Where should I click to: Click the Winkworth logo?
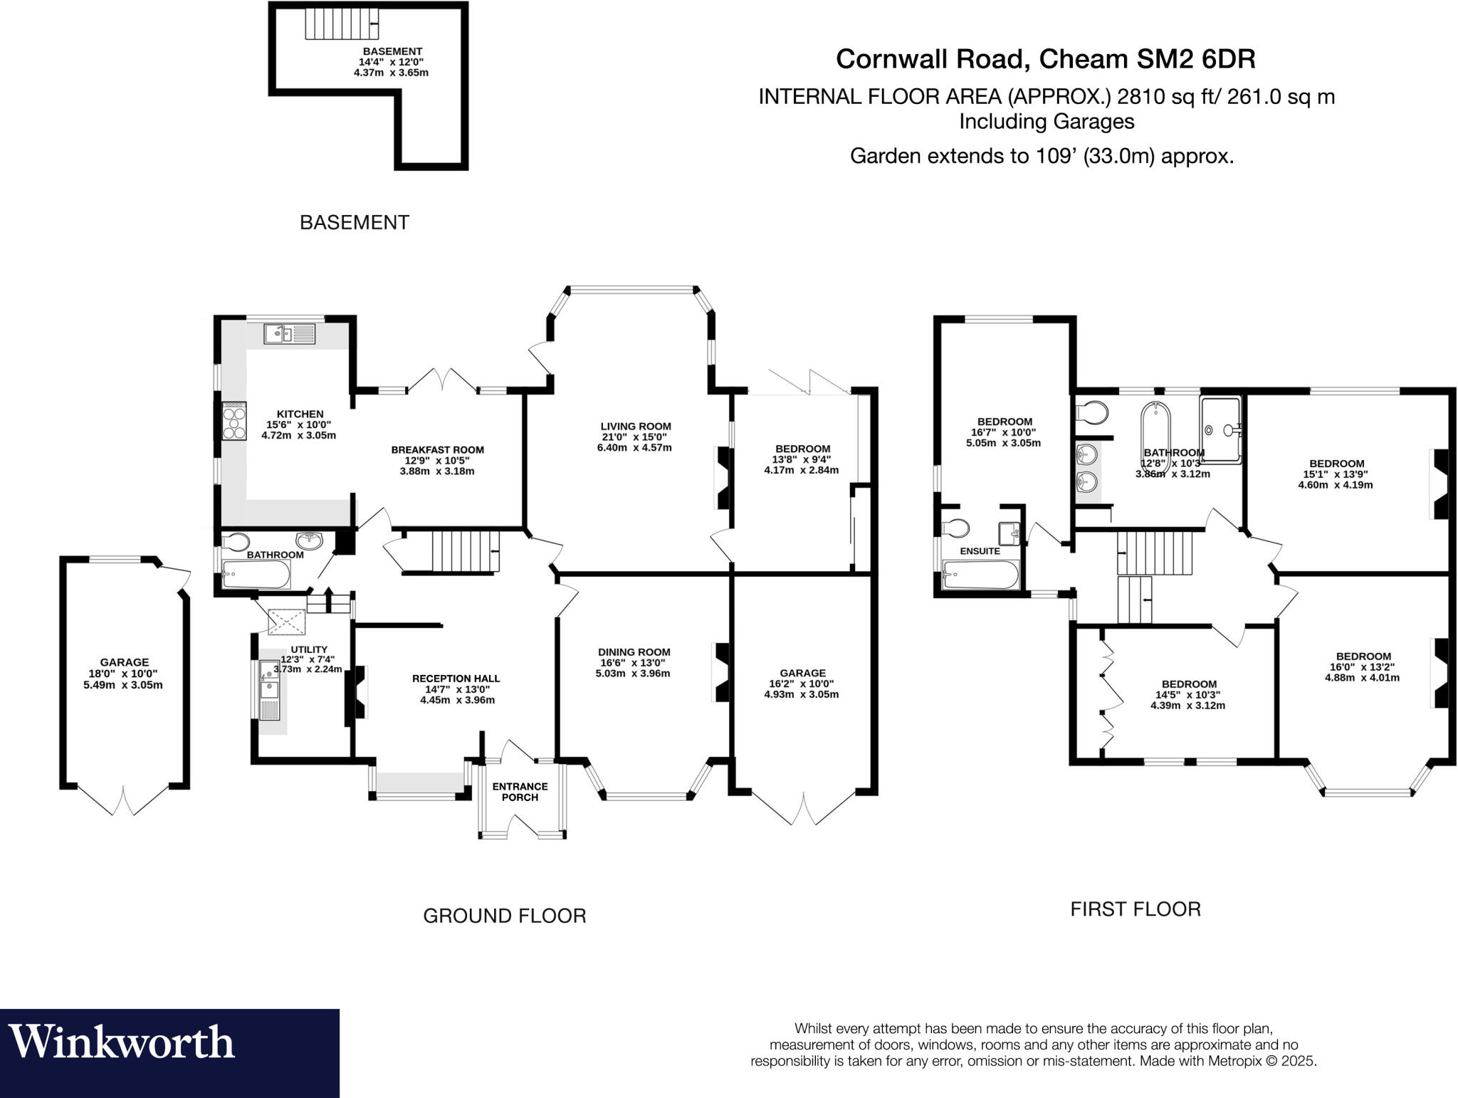121,1042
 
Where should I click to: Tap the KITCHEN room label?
300,414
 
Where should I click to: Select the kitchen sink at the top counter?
288,333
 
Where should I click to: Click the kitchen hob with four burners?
234,421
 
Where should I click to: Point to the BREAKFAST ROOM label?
437,450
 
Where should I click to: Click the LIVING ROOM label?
635,427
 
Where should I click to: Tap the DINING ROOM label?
634,652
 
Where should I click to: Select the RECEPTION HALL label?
456,679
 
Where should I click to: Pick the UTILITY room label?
309,649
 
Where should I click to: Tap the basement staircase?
341,24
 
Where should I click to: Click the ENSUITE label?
980,551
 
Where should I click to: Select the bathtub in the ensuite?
980,575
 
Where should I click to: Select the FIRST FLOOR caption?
1135,909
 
